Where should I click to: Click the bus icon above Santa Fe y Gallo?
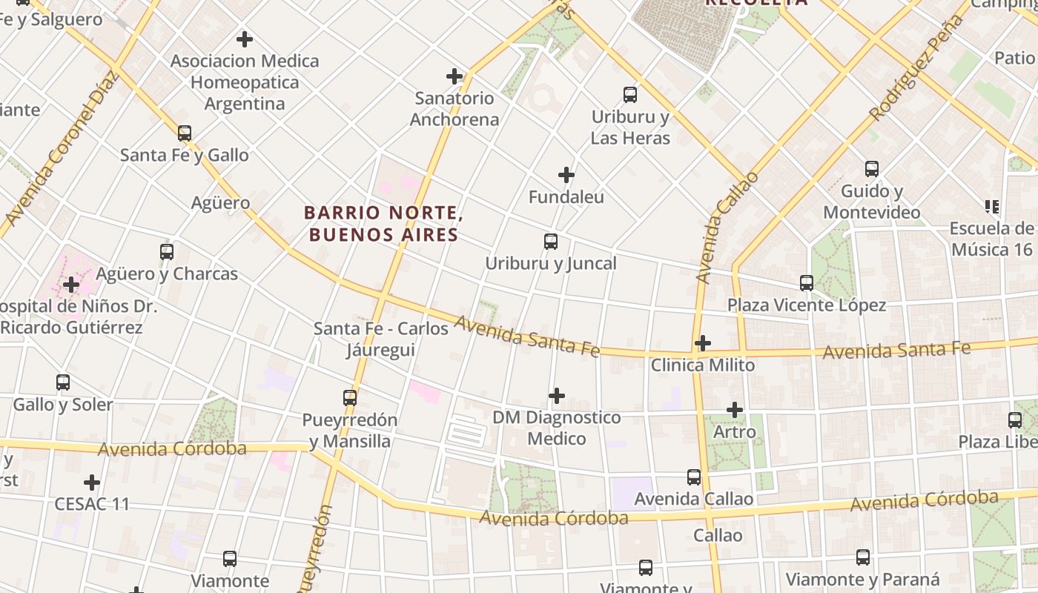tap(185, 133)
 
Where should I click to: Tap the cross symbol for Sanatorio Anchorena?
tap(454, 76)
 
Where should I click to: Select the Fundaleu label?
tap(566, 197)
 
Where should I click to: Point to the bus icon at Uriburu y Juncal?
tap(550, 242)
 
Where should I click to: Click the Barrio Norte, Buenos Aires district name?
tap(383, 224)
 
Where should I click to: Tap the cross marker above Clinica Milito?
tap(702, 343)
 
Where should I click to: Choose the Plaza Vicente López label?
tap(806, 305)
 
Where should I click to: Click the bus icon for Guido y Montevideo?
tap(872, 169)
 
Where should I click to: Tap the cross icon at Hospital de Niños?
tap(71, 285)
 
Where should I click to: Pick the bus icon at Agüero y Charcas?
tap(167, 252)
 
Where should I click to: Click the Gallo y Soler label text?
tap(63, 405)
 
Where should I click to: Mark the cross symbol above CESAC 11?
tap(92, 483)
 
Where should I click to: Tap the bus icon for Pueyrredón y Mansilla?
tap(350, 398)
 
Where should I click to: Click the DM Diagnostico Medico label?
tap(556, 428)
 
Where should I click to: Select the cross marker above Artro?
tap(734, 410)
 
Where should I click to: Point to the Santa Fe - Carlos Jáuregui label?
tap(381, 339)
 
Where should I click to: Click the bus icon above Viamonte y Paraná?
tap(863, 557)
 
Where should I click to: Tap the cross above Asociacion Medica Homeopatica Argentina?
tap(244, 39)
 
